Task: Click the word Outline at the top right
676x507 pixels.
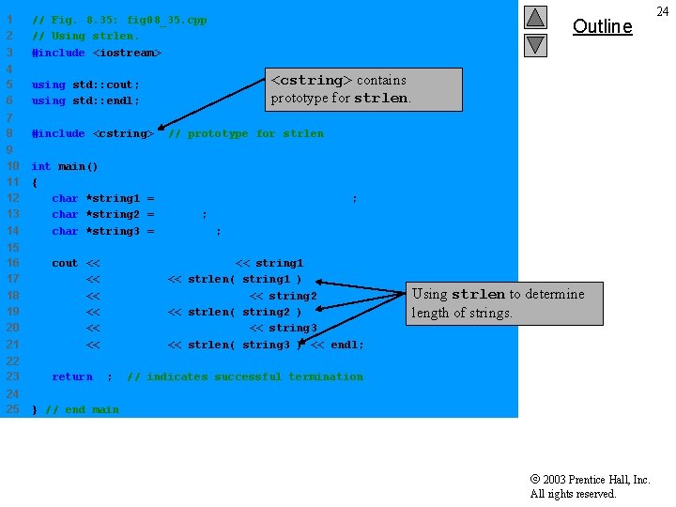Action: [x=602, y=26]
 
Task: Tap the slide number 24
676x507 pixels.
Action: [x=663, y=11]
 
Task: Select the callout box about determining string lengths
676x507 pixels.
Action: [x=505, y=303]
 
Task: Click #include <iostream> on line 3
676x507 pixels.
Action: [x=97, y=53]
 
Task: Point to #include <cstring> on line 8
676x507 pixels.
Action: [x=92, y=133]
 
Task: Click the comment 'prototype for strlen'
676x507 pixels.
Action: [x=246, y=133]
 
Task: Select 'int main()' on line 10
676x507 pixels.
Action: [x=65, y=166]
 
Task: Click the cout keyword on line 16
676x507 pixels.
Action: [x=65, y=263]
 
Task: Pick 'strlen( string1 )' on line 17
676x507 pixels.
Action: [x=244, y=279]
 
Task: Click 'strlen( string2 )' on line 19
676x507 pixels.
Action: [x=244, y=312]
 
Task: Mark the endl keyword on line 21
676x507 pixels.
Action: [x=346, y=345]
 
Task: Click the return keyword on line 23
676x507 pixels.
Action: [x=72, y=376]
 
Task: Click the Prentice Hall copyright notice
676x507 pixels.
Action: [x=590, y=486]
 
